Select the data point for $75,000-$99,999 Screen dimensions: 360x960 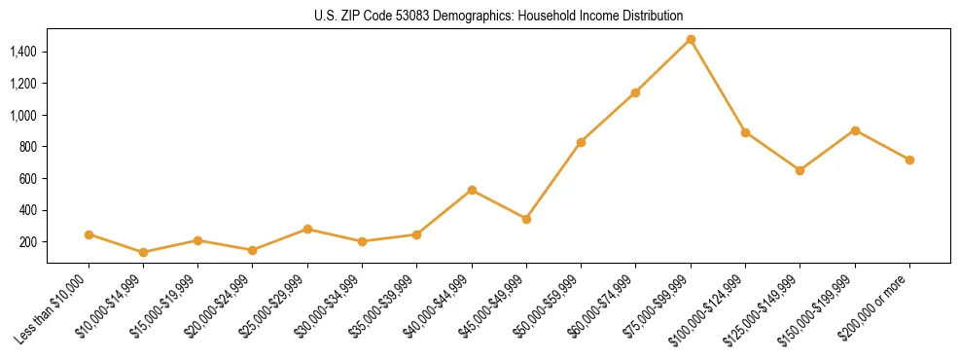[691, 40]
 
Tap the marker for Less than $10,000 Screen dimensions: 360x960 [89, 234]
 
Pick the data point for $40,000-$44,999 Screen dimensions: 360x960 [472, 190]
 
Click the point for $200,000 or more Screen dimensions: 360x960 [909, 160]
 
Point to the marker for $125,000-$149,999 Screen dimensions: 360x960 [800, 170]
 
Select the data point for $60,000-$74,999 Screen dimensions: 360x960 [635, 92]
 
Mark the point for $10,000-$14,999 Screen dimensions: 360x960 [144, 252]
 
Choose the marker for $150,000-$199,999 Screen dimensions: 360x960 [855, 130]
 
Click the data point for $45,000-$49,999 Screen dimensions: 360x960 [526, 219]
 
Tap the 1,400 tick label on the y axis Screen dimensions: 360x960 [23, 52]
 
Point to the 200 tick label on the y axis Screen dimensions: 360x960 [28, 241]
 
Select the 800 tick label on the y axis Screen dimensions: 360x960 [28, 147]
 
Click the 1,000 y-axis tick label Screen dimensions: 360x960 [23, 115]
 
